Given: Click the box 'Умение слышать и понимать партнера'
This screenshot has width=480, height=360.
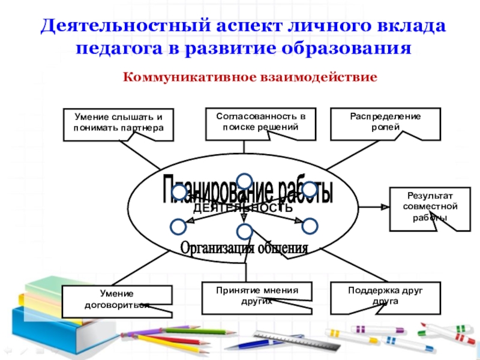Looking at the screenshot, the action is (x=118, y=124).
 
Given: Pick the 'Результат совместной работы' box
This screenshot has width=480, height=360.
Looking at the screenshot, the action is (x=424, y=208).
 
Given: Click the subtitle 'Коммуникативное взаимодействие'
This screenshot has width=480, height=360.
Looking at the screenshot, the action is (x=250, y=77).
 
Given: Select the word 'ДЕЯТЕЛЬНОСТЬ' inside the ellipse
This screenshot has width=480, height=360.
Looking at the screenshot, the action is (x=242, y=208).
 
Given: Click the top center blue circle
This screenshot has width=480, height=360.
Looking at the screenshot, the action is (x=244, y=181).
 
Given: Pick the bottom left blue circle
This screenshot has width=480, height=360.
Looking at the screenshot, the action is (x=178, y=226).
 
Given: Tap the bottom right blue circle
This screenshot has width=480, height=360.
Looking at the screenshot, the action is (x=309, y=226).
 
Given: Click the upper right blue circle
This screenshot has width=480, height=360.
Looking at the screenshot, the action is (x=309, y=190).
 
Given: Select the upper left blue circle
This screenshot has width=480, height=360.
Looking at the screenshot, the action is (x=179, y=192).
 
